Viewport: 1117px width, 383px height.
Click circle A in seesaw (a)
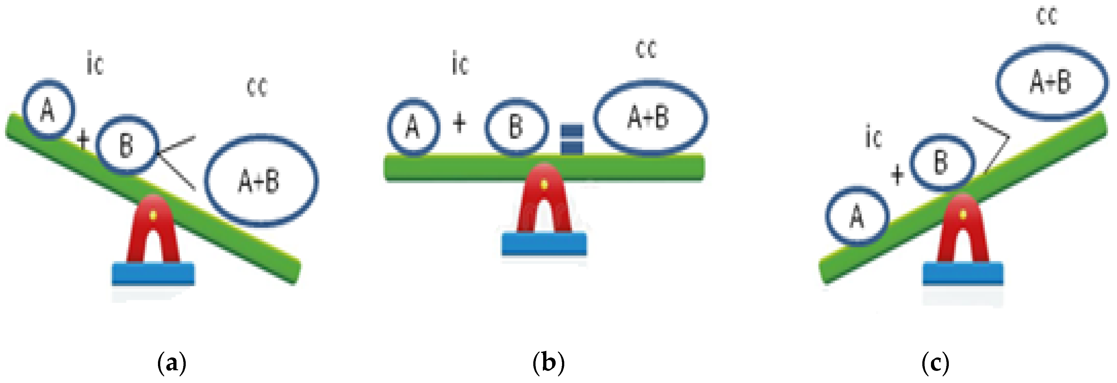tap(48, 109)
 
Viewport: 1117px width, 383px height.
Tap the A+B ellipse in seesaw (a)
tap(261, 181)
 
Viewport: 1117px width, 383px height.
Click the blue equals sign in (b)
tap(572, 139)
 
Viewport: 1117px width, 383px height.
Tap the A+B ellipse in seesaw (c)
tap(1051, 82)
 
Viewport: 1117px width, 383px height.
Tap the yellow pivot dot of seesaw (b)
tap(544, 184)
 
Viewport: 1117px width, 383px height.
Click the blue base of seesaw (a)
tap(154, 274)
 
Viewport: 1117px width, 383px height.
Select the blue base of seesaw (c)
tap(963, 274)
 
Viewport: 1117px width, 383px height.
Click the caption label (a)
tap(172, 362)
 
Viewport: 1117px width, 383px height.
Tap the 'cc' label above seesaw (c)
tap(1047, 16)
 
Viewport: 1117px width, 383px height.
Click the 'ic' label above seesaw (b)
tap(461, 63)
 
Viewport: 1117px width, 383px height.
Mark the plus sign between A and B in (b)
tap(460, 122)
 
